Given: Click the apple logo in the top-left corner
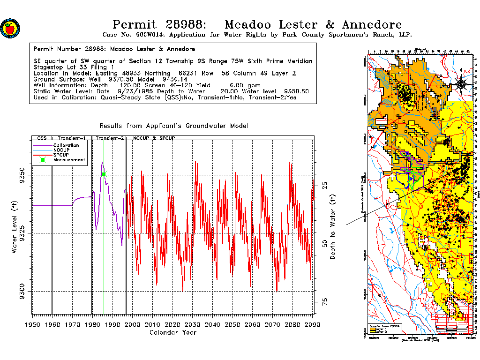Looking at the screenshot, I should pos(9,28).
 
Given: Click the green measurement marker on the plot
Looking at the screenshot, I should pos(104,174).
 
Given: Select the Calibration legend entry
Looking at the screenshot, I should pos(66,146).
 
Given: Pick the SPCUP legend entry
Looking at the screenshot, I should pos(61,155).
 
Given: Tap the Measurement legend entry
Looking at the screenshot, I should pos(69,160).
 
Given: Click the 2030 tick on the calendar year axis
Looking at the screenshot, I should pos(193,324).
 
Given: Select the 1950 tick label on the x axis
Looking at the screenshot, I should pos(32,324).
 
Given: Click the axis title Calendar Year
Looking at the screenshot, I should pos(172,333).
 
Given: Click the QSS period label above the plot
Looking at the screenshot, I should pos(42,139).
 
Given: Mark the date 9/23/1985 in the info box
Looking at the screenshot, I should pos(136,91).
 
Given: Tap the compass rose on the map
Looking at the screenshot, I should pos(461,84).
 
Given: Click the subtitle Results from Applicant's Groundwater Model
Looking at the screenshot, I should pos(173,126).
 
